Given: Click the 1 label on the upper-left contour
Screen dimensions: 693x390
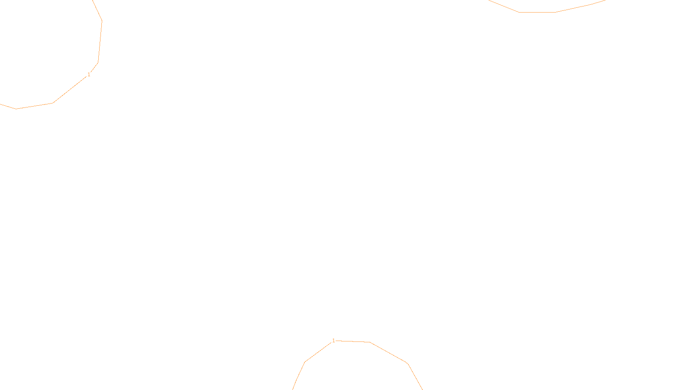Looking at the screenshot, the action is pyautogui.click(x=89, y=75).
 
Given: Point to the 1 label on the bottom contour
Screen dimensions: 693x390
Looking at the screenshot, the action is pyautogui.click(x=334, y=341).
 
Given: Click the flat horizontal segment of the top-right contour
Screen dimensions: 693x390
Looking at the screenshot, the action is pyautogui.click(x=537, y=12).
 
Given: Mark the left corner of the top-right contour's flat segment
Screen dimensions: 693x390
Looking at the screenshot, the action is pyautogui.click(x=519, y=12).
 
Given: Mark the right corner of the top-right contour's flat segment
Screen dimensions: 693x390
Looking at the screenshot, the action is pyautogui.click(x=556, y=12).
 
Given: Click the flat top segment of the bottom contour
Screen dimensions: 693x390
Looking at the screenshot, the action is pyautogui.click(x=353, y=341).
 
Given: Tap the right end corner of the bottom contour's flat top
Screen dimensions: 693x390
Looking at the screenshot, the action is pyautogui.click(x=369, y=342).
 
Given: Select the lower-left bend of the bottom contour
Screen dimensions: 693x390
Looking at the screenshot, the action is pyautogui.click(x=305, y=362).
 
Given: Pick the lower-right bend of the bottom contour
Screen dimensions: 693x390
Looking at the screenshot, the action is pyautogui.click(x=408, y=364).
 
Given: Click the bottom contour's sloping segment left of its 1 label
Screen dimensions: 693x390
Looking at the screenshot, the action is pyautogui.click(x=318, y=352).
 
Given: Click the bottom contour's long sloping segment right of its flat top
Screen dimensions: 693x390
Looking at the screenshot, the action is pyautogui.click(x=389, y=353).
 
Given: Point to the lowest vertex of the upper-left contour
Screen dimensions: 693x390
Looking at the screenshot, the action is pyautogui.click(x=16, y=109).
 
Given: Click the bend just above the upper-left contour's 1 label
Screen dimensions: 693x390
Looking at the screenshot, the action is pyautogui.click(x=98, y=63).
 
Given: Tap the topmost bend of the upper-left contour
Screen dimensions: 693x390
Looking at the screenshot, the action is pyautogui.click(x=102, y=21).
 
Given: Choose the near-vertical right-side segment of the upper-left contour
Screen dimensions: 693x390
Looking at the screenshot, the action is pyautogui.click(x=100, y=42).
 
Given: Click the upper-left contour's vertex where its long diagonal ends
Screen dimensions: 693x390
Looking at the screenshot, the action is pyautogui.click(x=53, y=103).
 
